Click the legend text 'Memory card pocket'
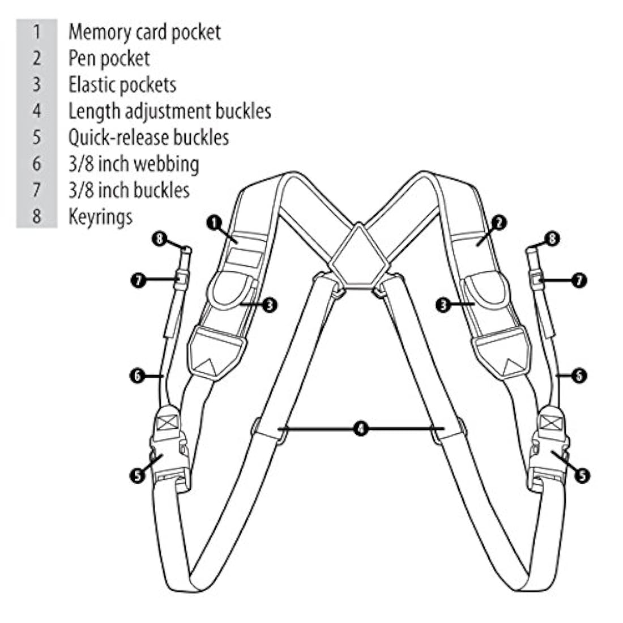point(144,32)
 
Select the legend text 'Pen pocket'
point(109,58)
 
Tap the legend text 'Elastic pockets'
point(122,84)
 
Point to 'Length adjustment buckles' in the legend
point(169,110)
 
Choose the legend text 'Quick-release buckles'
point(148,137)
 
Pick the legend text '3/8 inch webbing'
point(134,164)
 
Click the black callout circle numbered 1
point(214,223)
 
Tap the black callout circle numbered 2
point(498,223)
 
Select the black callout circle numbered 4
point(360,429)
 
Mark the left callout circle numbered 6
point(138,375)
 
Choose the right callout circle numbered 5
point(582,475)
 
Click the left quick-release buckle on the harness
point(168,453)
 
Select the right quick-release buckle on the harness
point(549,453)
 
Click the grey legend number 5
point(37,137)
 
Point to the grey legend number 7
point(37,190)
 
